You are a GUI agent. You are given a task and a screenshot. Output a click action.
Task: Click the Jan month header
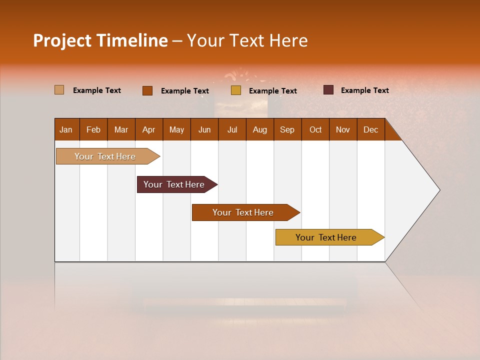(66, 129)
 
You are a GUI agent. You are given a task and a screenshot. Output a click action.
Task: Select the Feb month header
(93, 129)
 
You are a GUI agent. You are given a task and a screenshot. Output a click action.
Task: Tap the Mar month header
(121, 129)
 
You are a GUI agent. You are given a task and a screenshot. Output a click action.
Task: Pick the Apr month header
(149, 129)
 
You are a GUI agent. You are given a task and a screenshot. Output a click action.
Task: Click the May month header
(176, 129)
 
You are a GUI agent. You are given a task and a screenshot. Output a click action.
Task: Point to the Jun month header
(204, 129)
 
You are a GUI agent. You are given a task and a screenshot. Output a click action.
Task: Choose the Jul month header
(232, 129)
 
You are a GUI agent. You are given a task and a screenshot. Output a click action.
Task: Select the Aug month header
(260, 129)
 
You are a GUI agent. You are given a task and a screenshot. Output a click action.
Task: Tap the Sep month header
(287, 129)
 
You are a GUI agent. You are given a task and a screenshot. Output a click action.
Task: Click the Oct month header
(315, 129)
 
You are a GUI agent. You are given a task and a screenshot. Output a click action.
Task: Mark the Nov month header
(343, 129)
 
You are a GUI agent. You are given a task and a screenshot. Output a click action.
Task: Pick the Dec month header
(371, 129)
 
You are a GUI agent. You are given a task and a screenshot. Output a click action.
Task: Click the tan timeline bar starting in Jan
(105, 156)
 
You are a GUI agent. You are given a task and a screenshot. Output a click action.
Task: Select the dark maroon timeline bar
(174, 184)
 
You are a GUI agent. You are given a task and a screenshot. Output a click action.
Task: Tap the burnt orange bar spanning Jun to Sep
(243, 212)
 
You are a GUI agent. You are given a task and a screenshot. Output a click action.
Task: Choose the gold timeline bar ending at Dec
(326, 237)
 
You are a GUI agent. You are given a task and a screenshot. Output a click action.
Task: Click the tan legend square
(59, 90)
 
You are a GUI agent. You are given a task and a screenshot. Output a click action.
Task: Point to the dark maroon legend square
(328, 90)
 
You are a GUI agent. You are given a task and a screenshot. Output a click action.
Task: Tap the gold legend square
(236, 90)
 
